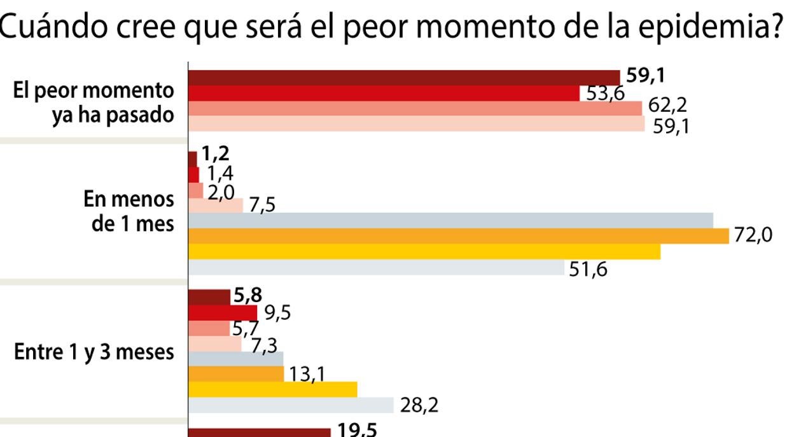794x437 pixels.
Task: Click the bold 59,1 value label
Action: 646,76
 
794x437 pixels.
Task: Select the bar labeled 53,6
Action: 384,93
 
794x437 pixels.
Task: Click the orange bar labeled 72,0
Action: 458,236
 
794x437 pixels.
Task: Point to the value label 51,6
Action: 589,270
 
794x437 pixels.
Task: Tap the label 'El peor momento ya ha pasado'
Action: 94,104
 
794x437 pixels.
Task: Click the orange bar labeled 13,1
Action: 235,374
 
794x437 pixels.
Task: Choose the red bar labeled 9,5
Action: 223,313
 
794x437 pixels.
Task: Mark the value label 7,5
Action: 262,207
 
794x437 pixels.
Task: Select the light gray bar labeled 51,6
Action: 376,268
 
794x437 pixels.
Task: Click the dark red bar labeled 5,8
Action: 209,296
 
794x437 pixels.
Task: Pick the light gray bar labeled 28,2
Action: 291,405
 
